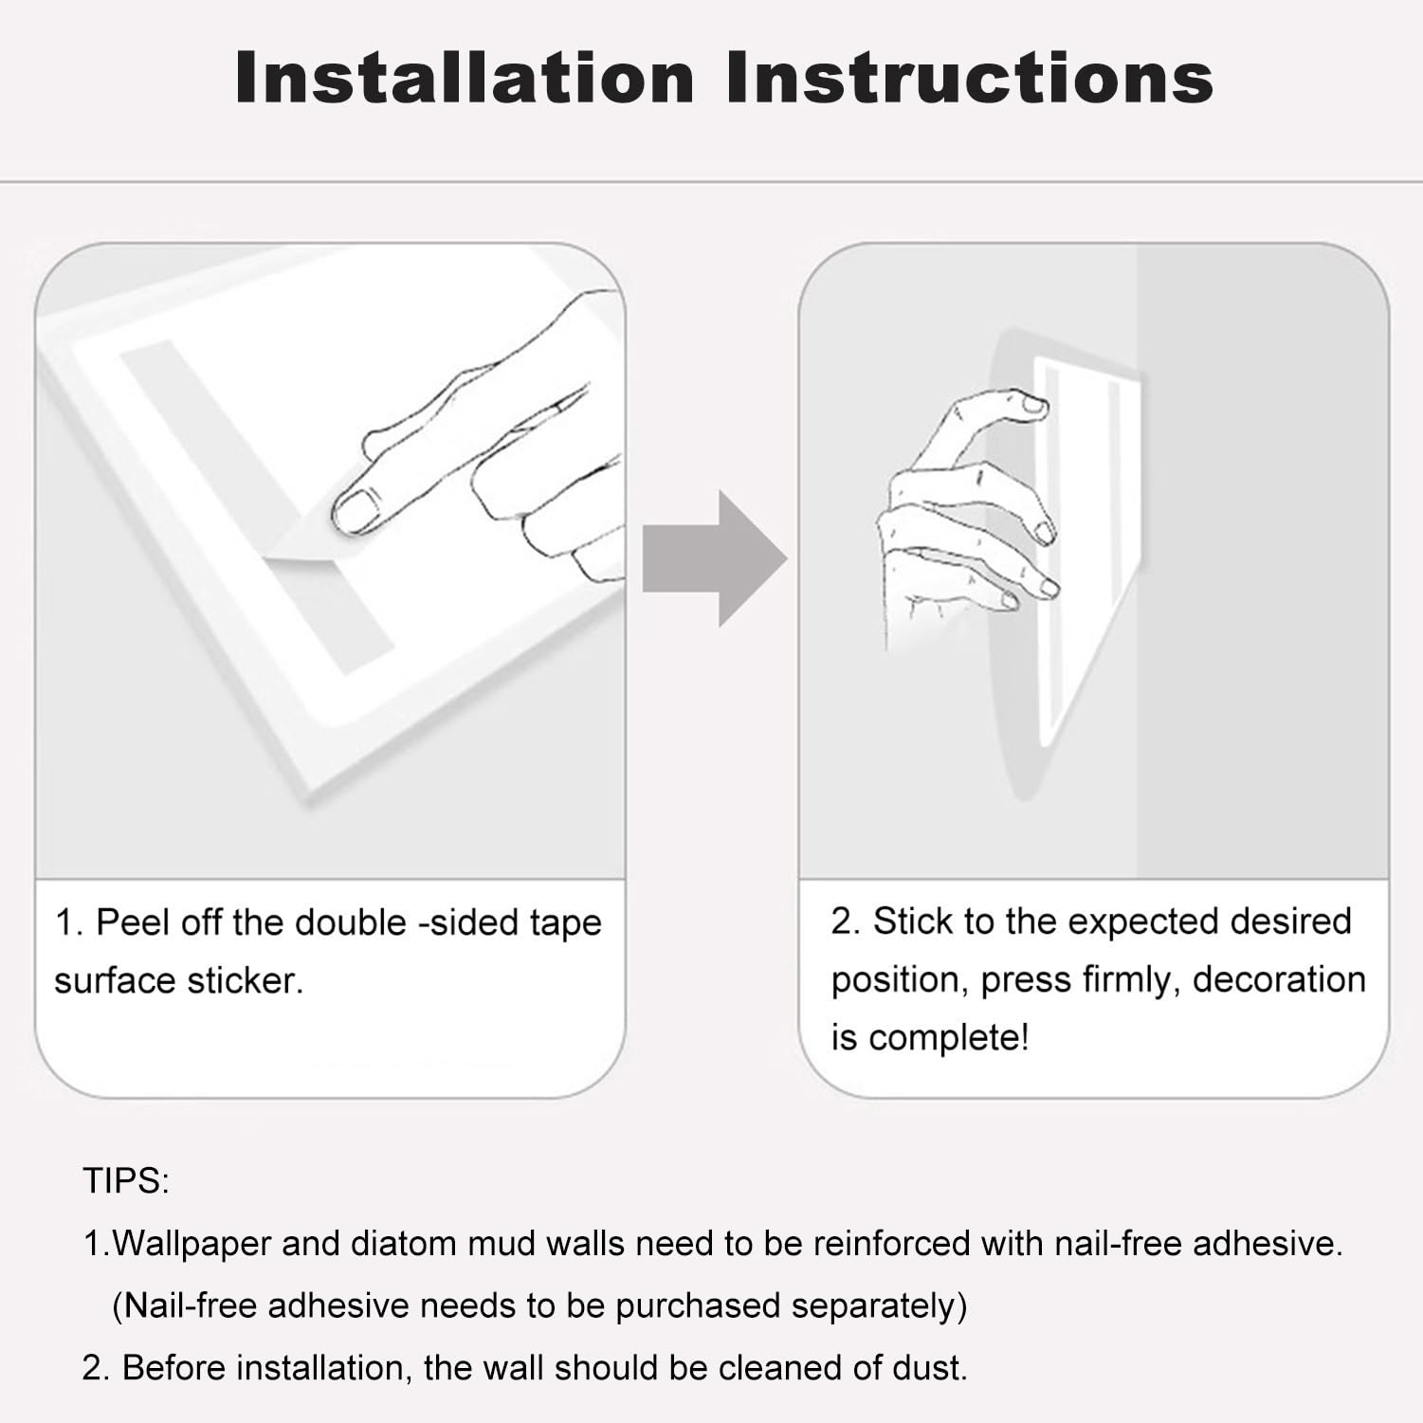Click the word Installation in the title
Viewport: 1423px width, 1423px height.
pos(465,77)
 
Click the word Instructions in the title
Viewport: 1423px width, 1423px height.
pos(970,77)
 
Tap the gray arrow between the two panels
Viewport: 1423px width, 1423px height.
pos(715,558)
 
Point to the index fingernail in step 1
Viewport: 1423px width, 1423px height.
pos(356,511)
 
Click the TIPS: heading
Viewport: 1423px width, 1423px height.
pos(126,1181)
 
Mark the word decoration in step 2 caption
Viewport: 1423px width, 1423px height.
pos(1279,979)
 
